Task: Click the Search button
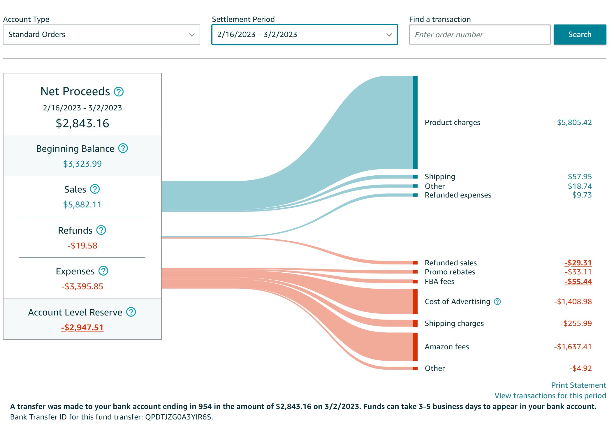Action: coord(580,34)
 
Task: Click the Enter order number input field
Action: coord(479,35)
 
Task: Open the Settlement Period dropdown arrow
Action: coord(389,35)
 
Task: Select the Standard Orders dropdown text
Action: coord(37,34)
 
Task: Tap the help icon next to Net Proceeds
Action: coord(119,92)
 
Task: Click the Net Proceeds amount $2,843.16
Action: coord(82,123)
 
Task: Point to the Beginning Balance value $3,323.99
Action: coord(82,164)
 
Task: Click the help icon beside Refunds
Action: coord(101,230)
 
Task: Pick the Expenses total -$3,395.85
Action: coord(82,286)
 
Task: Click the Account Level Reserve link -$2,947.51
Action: coord(82,327)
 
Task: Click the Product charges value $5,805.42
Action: coord(574,122)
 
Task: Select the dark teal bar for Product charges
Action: coord(415,122)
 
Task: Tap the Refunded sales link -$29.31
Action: coord(578,263)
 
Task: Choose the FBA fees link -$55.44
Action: coord(578,281)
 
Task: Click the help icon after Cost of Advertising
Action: coord(497,301)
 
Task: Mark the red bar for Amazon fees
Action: coord(415,347)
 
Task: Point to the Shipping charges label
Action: coord(454,323)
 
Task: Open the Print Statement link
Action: coord(578,385)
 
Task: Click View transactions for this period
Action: coord(550,396)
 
